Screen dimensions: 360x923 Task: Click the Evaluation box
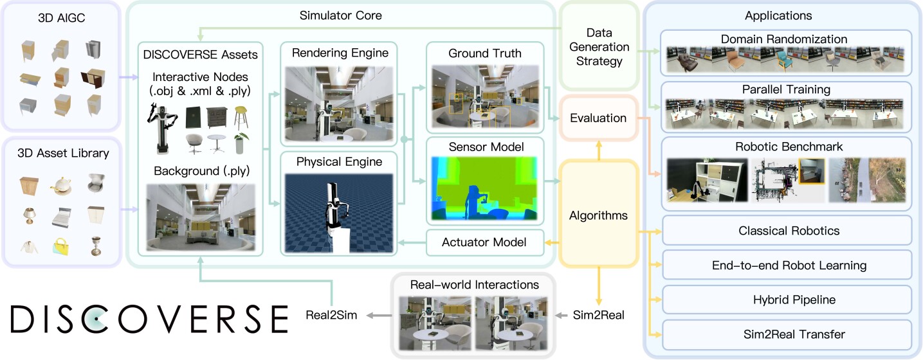[x=598, y=118]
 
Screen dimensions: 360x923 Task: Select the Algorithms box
[x=598, y=215]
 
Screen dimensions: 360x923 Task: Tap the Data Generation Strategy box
[x=598, y=47]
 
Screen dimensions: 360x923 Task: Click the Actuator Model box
[x=484, y=242]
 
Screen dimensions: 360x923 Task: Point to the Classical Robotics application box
[x=788, y=230]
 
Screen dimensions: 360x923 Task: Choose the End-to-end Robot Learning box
[x=788, y=265]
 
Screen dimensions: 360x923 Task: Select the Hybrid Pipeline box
[x=788, y=300]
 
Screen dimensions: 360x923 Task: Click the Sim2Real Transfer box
[x=788, y=334]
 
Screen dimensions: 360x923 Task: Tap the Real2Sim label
[x=331, y=315]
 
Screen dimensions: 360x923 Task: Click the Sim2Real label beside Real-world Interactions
[x=598, y=315]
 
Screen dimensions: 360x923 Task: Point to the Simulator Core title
[x=341, y=15]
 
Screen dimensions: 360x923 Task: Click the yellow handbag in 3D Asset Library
[x=62, y=246]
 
